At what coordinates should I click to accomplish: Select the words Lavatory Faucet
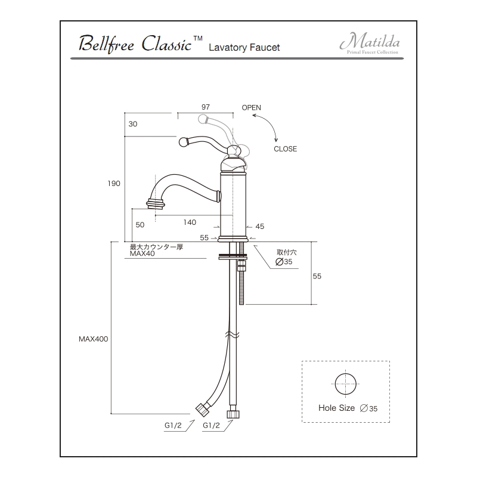244,47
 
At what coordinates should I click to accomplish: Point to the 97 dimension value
205,107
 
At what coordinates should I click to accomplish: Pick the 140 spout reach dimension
190,222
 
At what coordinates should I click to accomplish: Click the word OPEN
251,107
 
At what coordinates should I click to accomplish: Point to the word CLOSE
285,149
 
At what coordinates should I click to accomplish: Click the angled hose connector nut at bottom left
203,408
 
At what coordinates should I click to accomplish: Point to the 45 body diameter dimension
259,226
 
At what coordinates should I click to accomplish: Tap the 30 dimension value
132,124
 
